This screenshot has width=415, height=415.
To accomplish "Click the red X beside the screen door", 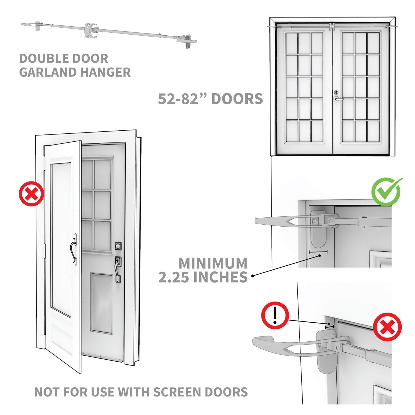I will pos(31,194).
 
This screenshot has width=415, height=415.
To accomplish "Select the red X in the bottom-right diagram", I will pos(387,328).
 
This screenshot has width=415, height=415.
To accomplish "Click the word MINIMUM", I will pos(213,263).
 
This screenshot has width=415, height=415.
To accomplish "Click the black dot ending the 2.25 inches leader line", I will pos(252,276).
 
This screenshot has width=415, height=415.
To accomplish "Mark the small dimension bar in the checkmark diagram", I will pos(318,252).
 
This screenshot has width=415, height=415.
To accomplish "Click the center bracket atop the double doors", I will pos(332,26).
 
